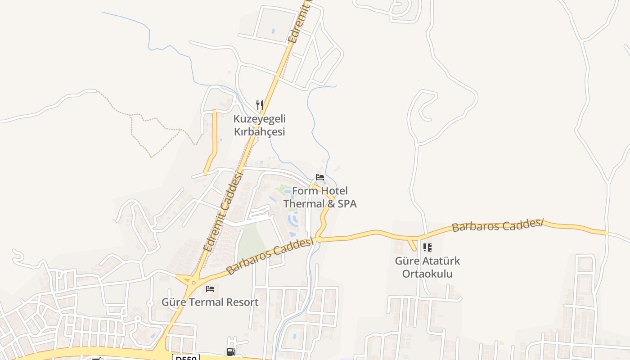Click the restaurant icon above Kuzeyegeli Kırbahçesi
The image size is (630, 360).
click(259, 105)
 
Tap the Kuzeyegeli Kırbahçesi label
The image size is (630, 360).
click(259, 126)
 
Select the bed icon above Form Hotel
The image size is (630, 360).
click(320, 177)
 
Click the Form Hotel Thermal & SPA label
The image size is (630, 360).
click(320, 197)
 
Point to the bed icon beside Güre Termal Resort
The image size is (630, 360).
click(210, 289)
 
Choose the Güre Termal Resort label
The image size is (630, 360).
click(210, 302)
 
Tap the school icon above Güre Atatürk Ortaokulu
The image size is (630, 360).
click(427, 247)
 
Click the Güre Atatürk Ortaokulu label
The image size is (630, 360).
click(427, 267)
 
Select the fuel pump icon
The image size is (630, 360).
click(231, 351)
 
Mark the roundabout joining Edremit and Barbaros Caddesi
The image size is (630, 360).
click(193, 283)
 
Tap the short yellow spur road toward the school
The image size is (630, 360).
click(411, 244)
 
